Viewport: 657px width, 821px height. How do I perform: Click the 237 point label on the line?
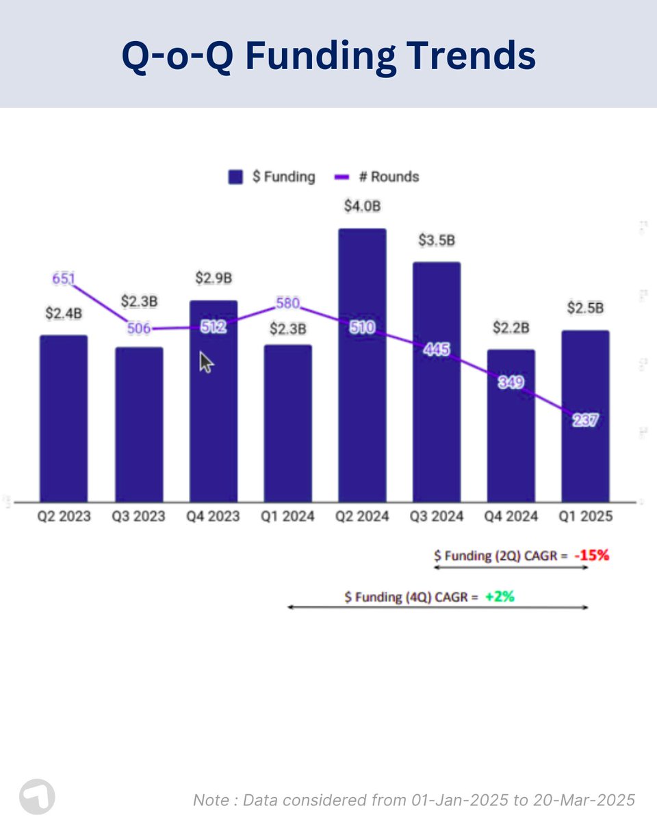(585, 421)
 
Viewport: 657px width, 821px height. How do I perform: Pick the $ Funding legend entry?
(272, 177)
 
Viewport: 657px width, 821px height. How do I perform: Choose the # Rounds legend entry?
(377, 177)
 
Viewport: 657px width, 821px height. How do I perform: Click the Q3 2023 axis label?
(139, 517)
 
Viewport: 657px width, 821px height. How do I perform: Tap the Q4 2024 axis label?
(511, 517)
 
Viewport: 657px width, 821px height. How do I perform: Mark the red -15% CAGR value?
(591, 556)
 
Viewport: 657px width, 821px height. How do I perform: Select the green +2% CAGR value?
(500, 597)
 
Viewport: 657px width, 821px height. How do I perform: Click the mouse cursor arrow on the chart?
(205, 362)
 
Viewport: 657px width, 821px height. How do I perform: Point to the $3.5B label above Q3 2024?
(437, 241)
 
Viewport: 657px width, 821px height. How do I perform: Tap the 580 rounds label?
(288, 302)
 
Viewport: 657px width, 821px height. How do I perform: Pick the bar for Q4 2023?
(214, 424)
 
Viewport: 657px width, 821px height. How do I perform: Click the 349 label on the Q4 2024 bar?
(511, 382)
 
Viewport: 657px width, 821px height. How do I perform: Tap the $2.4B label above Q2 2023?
(64, 313)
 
